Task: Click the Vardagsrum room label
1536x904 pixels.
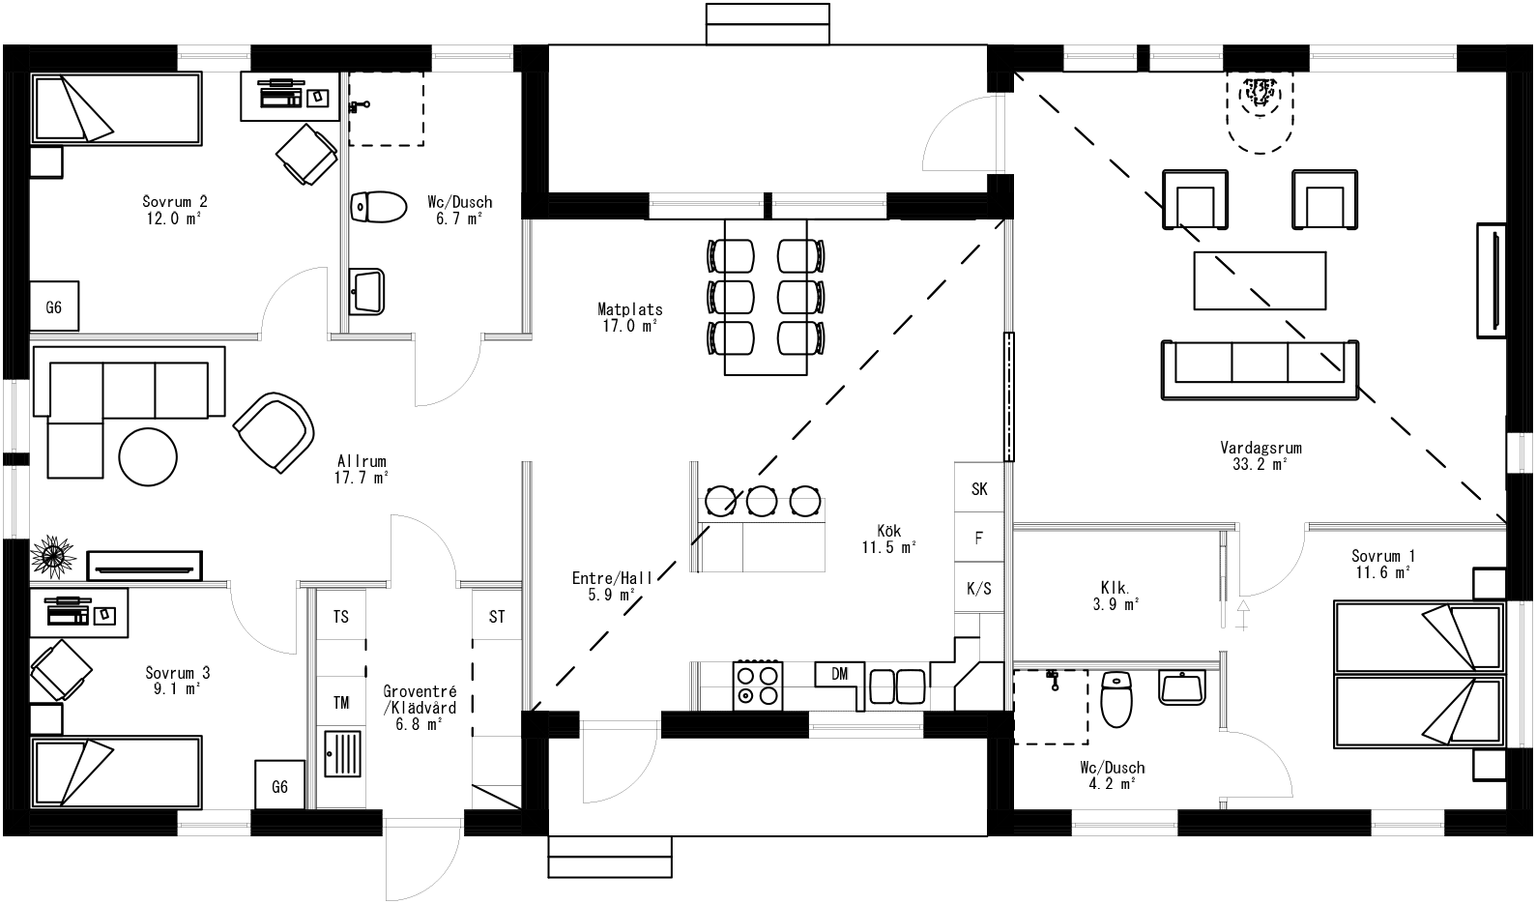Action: coord(1260,449)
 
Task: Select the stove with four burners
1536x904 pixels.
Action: coord(758,685)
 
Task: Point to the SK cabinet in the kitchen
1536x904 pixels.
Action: coord(979,489)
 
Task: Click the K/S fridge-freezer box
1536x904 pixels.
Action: coord(979,588)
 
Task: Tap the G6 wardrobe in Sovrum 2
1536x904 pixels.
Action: coord(54,307)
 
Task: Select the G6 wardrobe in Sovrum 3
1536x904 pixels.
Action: coord(279,786)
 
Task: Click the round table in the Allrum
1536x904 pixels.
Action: coord(148,456)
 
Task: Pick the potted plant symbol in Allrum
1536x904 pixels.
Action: coord(53,555)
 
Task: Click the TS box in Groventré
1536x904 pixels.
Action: coord(341,617)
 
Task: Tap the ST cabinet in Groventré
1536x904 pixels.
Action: coord(497,617)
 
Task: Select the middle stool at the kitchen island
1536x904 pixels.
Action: coord(762,501)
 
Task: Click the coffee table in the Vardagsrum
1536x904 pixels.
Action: coord(1260,280)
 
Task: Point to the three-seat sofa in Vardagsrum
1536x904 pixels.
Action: coord(1260,369)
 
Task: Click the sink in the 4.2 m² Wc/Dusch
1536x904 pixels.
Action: coord(1181,688)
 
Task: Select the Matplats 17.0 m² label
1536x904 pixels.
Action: coord(629,318)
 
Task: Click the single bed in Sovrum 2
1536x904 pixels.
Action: coord(117,109)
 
